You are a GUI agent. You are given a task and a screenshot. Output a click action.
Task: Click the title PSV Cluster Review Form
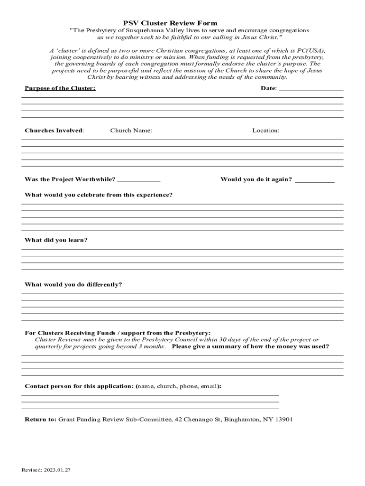(x=170, y=23)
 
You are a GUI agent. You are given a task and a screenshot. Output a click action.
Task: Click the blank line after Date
(x=311, y=89)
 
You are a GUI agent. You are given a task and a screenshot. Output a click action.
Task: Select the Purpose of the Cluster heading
(x=60, y=89)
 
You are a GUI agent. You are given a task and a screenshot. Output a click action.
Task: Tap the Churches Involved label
(x=54, y=131)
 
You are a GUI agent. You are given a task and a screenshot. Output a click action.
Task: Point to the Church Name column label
(x=131, y=131)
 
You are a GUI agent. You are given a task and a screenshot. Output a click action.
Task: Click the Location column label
(x=265, y=131)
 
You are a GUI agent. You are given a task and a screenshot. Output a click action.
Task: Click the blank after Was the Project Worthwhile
(x=138, y=180)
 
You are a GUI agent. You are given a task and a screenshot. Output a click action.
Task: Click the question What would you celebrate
(x=99, y=195)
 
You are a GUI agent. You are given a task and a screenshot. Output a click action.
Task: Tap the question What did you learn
(x=56, y=240)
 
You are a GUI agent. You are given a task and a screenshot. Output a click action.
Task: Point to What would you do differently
(x=73, y=285)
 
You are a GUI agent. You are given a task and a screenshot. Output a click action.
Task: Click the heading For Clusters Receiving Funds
(x=118, y=333)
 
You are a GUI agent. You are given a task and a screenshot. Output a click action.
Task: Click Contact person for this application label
(x=80, y=386)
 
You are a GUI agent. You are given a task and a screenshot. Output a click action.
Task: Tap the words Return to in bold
(x=40, y=420)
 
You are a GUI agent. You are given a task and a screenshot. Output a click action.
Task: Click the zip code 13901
(x=283, y=420)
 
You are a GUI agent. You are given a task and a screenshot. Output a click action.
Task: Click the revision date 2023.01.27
(x=58, y=470)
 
